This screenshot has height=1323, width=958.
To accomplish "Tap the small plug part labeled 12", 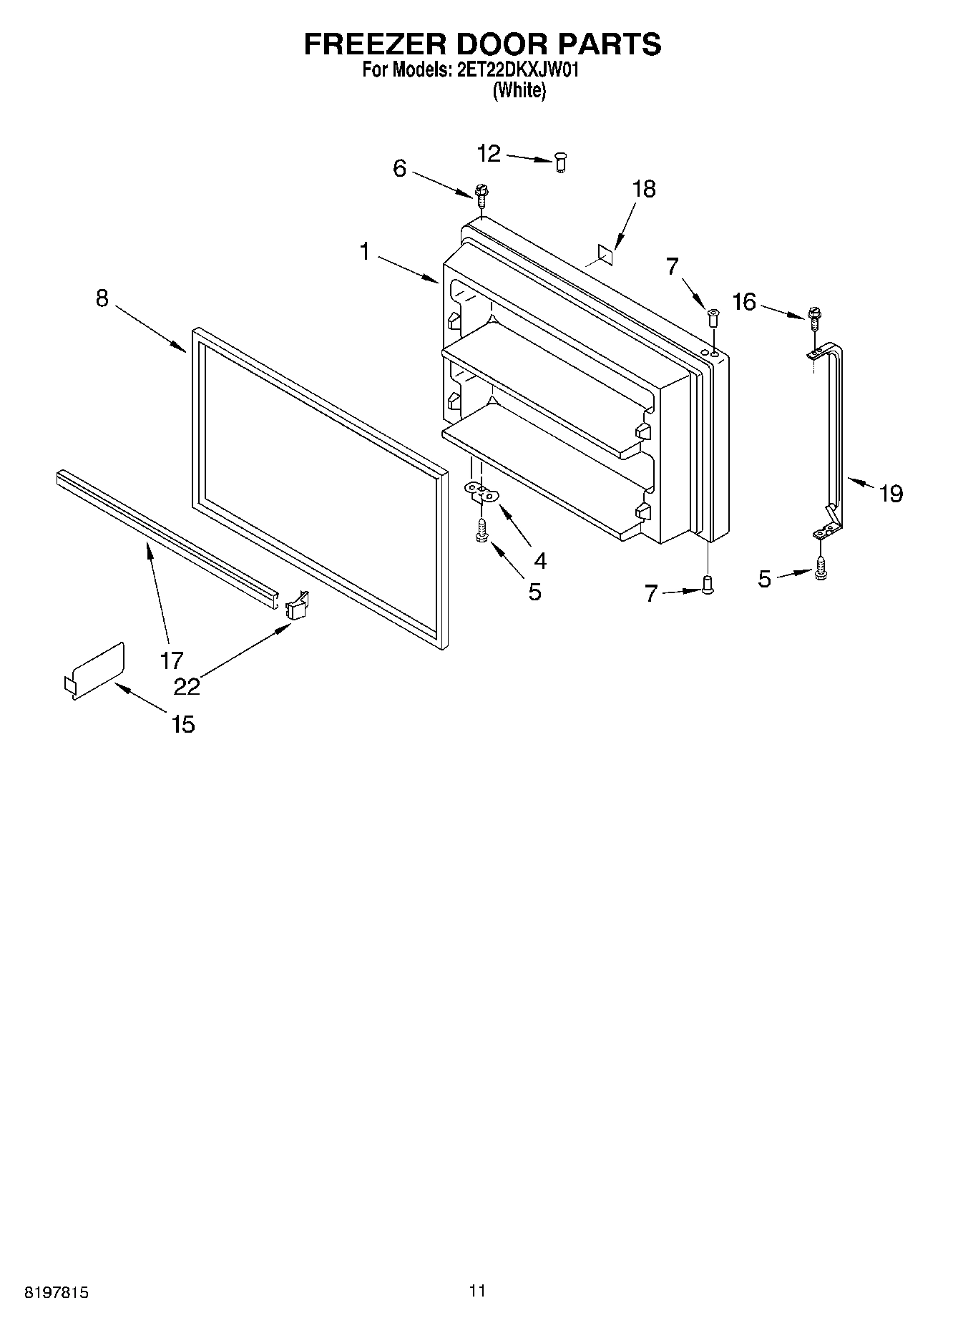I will [x=561, y=164].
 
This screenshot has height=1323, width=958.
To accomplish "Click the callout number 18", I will [x=644, y=190].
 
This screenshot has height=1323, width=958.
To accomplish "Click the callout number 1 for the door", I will [x=365, y=252].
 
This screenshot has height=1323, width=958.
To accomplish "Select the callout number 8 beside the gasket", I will [x=102, y=298].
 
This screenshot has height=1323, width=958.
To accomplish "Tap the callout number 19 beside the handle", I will [x=891, y=493].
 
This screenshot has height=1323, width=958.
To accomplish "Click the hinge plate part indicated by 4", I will [x=482, y=490].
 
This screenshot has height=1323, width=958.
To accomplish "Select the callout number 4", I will [x=540, y=561].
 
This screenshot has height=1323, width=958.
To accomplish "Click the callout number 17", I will [x=172, y=660].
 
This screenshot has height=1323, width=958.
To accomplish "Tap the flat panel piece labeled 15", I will [x=97, y=669].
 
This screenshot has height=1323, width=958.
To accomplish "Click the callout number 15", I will [x=183, y=724].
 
